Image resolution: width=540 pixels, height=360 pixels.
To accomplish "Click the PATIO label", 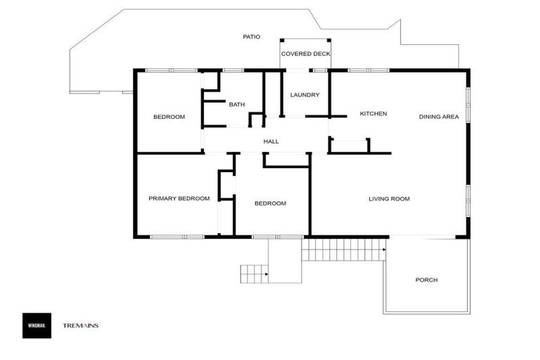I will point(251,37).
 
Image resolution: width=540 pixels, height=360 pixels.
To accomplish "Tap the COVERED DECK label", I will point(305,54).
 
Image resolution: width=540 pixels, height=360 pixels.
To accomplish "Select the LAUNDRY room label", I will point(305,95).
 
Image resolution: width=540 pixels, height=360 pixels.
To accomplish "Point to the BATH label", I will point(237,105).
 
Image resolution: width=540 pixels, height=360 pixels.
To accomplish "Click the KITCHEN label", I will point(373,114).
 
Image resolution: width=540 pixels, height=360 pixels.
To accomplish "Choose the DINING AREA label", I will point(439,117).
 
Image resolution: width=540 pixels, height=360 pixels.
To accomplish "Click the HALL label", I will point(271,141).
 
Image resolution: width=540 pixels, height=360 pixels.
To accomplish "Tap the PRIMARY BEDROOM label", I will point(179,199).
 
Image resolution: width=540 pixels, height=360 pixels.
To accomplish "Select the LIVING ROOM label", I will point(389,199).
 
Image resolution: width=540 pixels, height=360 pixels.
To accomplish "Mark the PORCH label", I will point(426,280).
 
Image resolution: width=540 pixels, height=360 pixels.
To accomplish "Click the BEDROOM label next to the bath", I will point(169,117).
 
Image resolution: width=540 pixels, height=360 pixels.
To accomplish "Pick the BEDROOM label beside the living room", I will point(270,203).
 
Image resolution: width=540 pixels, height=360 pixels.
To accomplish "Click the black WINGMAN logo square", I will point(37,325).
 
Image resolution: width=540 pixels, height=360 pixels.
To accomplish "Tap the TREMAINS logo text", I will point(81,326).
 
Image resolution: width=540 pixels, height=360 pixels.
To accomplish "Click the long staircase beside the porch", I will point(344,249).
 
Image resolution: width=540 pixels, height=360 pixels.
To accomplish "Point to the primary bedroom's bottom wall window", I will point(177,237).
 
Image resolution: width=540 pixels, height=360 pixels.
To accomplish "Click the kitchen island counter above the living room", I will point(349,146).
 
